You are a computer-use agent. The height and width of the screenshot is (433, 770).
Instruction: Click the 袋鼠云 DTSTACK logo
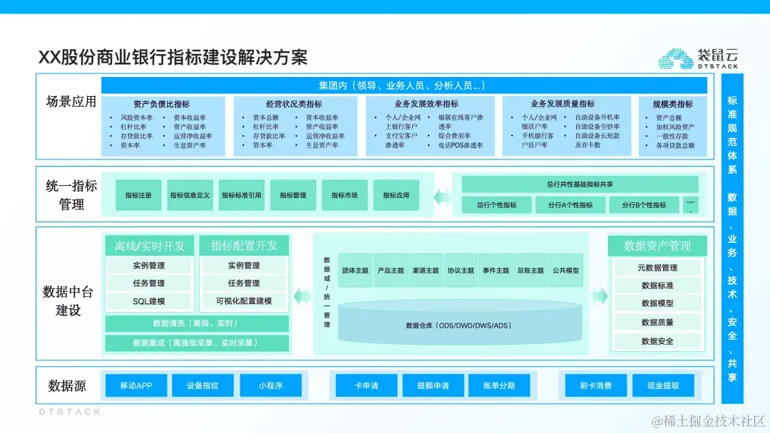click(x=697, y=58)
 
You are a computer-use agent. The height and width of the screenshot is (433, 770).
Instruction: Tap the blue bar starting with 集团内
click(x=404, y=85)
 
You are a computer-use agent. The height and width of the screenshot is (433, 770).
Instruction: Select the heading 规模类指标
click(x=673, y=104)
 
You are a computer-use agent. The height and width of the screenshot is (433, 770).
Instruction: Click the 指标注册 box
click(x=138, y=195)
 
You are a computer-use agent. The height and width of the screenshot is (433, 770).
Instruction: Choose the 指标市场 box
click(x=344, y=195)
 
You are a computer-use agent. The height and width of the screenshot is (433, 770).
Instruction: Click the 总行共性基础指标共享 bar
click(x=580, y=184)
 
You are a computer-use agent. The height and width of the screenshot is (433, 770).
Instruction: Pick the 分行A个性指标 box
click(x=570, y=205)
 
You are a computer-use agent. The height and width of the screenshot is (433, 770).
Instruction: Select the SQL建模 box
click(x=149, y=301)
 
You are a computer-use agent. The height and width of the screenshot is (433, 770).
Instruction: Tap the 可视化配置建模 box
click(x=244, y=301)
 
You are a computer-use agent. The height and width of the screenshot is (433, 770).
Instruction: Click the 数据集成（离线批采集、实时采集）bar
click(x=196, y=343)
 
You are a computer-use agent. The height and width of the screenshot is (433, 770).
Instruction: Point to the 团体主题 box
click(x=355, y=271)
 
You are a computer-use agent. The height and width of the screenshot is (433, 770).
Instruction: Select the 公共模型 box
click(x=566, y=271)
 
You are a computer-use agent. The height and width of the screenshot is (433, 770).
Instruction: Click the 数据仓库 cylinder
click(x=458, y=325)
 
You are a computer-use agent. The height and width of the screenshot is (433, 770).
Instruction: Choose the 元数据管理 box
click(x=657, y=268)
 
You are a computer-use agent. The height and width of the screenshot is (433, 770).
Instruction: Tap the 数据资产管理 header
click(x=657, y=246)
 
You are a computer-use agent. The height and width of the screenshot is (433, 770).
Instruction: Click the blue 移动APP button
click(x=135, y=386)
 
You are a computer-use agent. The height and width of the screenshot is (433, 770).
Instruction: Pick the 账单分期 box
click(x=498, y=386)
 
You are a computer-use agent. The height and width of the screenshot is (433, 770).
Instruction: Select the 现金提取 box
click(x=663, y=386)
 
